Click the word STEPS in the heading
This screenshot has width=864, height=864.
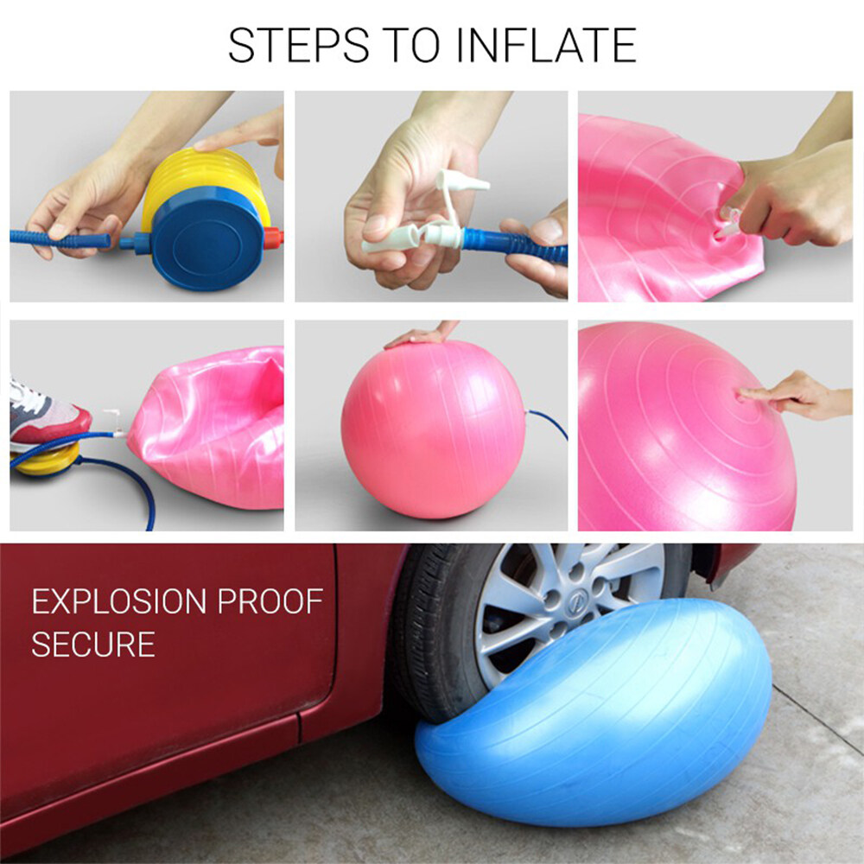click(299, 45)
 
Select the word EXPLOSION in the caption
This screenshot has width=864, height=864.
click(119, 601)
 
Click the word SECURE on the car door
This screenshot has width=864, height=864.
click(93, 644)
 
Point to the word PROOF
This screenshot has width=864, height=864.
click(270, 601)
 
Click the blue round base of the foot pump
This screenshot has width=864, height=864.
click(207, 239)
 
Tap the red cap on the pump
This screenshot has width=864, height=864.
click(273, 238)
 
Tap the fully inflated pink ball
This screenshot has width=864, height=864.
click(434, 429)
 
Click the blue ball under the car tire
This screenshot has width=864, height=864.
click(593, 715)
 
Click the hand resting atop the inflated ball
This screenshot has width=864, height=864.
click(422, 334)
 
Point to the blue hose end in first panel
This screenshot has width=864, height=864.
click(60, 239)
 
